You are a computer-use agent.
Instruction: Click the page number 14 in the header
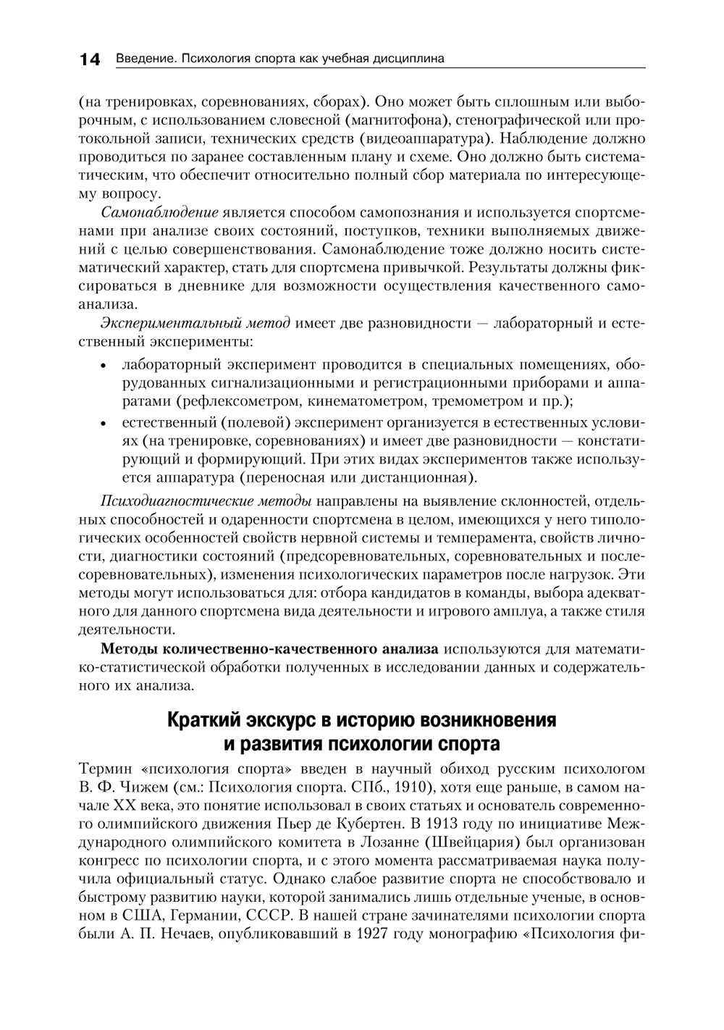[x=90, y=59]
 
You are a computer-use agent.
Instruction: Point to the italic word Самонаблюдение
[x=159, y=213]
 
